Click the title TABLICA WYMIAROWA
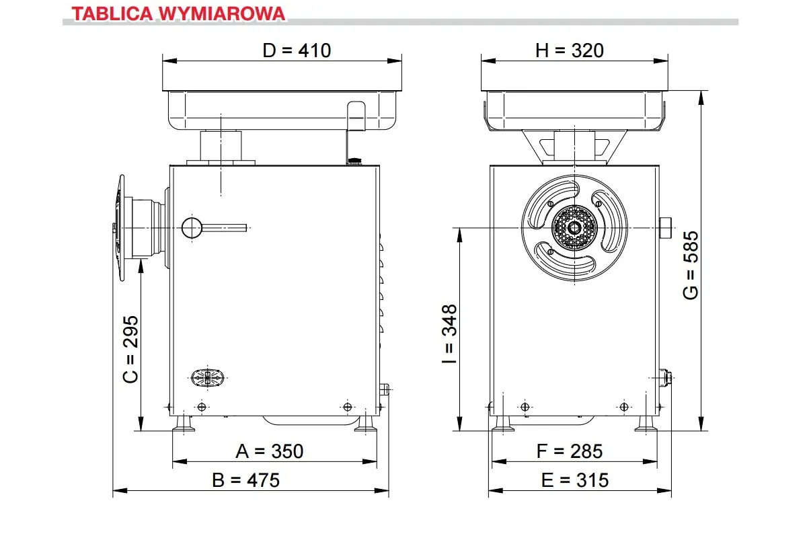[178, 13]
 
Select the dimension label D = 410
[297, 50]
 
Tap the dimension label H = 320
[569, 50]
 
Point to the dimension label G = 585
[690, 266]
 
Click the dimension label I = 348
[449, 334]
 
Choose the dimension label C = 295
[131, 348]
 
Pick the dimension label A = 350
[270, 451]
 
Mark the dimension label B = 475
[245, 480]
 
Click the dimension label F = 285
[570, 451]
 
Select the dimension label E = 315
[574, 480]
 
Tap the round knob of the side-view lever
[192, 228]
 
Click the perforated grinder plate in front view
[574, 228]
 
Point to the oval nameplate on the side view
[208, 377]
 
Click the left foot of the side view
[184, 424]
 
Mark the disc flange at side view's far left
[120, 228]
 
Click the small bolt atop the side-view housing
[354, 161]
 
